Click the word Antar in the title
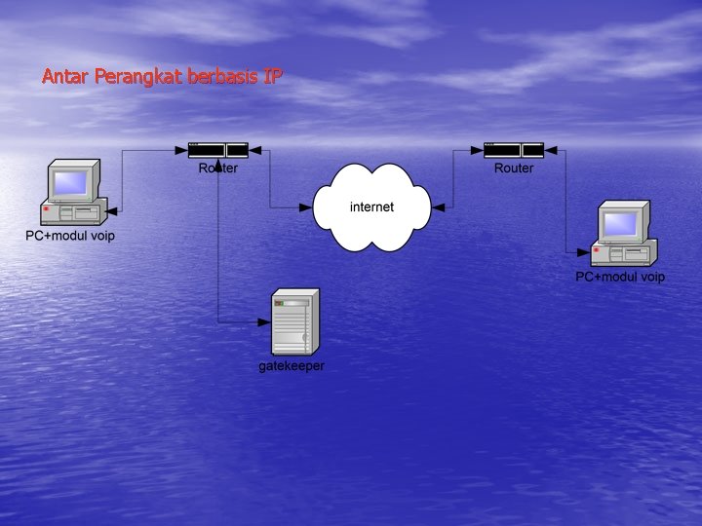pos(65,77)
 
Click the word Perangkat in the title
pos(137,77)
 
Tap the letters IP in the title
pos(272,77)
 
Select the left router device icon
pos(217,150)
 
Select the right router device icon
pos(514,150)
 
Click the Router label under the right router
pos(514,169)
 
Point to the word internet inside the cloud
pos(371,207)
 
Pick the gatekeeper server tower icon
pos(294,322)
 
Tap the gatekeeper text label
pos(292,366)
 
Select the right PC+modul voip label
pos(620,277)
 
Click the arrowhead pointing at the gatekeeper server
pos(265,322)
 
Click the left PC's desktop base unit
pos(72,212)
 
